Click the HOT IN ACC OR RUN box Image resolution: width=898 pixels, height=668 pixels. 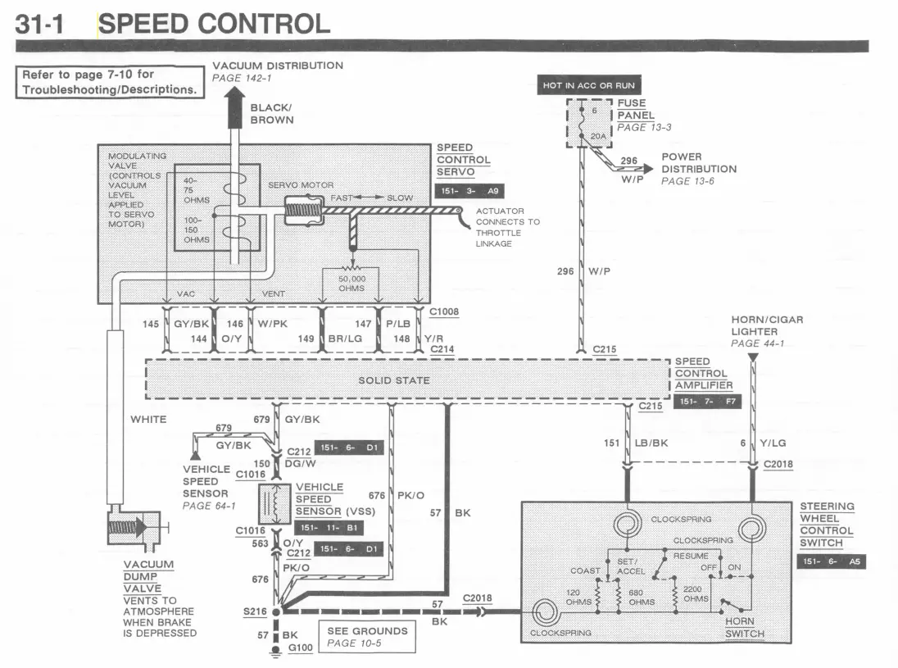[x=589, y=85]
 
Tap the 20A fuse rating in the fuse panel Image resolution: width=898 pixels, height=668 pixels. [x=598, y=136]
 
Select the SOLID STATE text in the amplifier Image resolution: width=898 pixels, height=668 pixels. [x=394, y=380]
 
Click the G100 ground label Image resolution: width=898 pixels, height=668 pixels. [x=300, y=648]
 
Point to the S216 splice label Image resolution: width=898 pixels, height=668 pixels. [x=255, y=611]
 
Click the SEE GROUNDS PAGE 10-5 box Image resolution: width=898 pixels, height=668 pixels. [x=367, y=637]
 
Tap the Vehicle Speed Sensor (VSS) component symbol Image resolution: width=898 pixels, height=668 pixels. [x=274, y=504]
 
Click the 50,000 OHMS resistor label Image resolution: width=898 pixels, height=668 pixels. [x=351, y=284]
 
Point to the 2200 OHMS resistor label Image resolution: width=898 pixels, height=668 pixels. [x=696, y=593]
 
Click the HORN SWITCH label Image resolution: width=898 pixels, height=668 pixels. [x=745, y=627]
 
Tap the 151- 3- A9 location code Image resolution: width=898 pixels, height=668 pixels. [x=469, y=191]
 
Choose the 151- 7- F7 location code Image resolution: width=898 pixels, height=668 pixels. [x=707, y=402]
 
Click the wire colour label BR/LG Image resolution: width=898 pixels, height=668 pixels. [x=345, y=339]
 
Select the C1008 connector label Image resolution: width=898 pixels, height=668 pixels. [x=444, y=311]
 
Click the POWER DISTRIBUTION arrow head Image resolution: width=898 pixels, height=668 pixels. [x=648, y=168]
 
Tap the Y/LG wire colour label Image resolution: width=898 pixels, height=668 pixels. [x=773, y=443]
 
